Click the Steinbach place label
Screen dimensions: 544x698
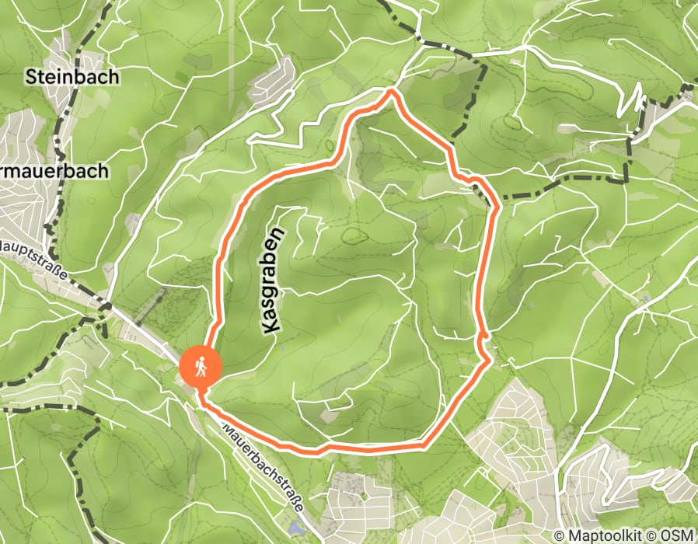72,76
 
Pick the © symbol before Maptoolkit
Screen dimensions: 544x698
560,535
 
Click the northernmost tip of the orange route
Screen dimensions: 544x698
392,91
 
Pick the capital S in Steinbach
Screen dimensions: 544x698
31,77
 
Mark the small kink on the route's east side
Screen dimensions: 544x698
484,336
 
